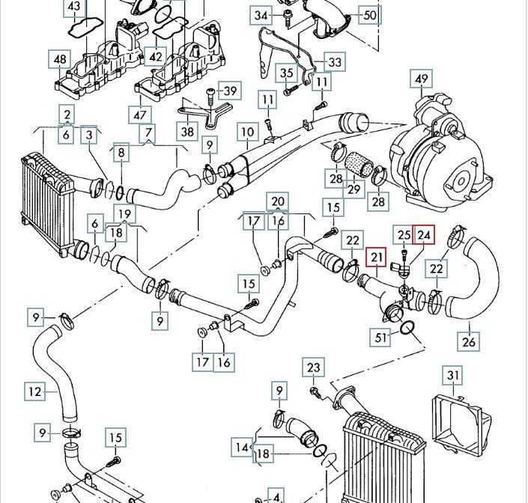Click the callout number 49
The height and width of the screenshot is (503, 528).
[x=422, y=79]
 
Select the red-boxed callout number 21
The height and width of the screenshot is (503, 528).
[x=376, y=259]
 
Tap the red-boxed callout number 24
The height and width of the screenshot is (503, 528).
[x=425, y=235]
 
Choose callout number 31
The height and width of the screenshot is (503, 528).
[x=453, y=375]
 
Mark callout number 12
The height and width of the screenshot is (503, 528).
[x=34, y=390]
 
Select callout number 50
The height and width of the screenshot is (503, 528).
[x=369, y=14]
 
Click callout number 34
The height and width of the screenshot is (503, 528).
[x=261, y=15]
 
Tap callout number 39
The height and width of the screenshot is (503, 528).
[x=230, y=91]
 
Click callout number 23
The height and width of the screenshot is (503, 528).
[x=313, y=368]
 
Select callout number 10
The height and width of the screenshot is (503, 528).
[x=247, y=133]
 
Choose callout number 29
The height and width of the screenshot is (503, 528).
[x=354, y=189]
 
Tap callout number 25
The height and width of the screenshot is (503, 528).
[x=404, y=235]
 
